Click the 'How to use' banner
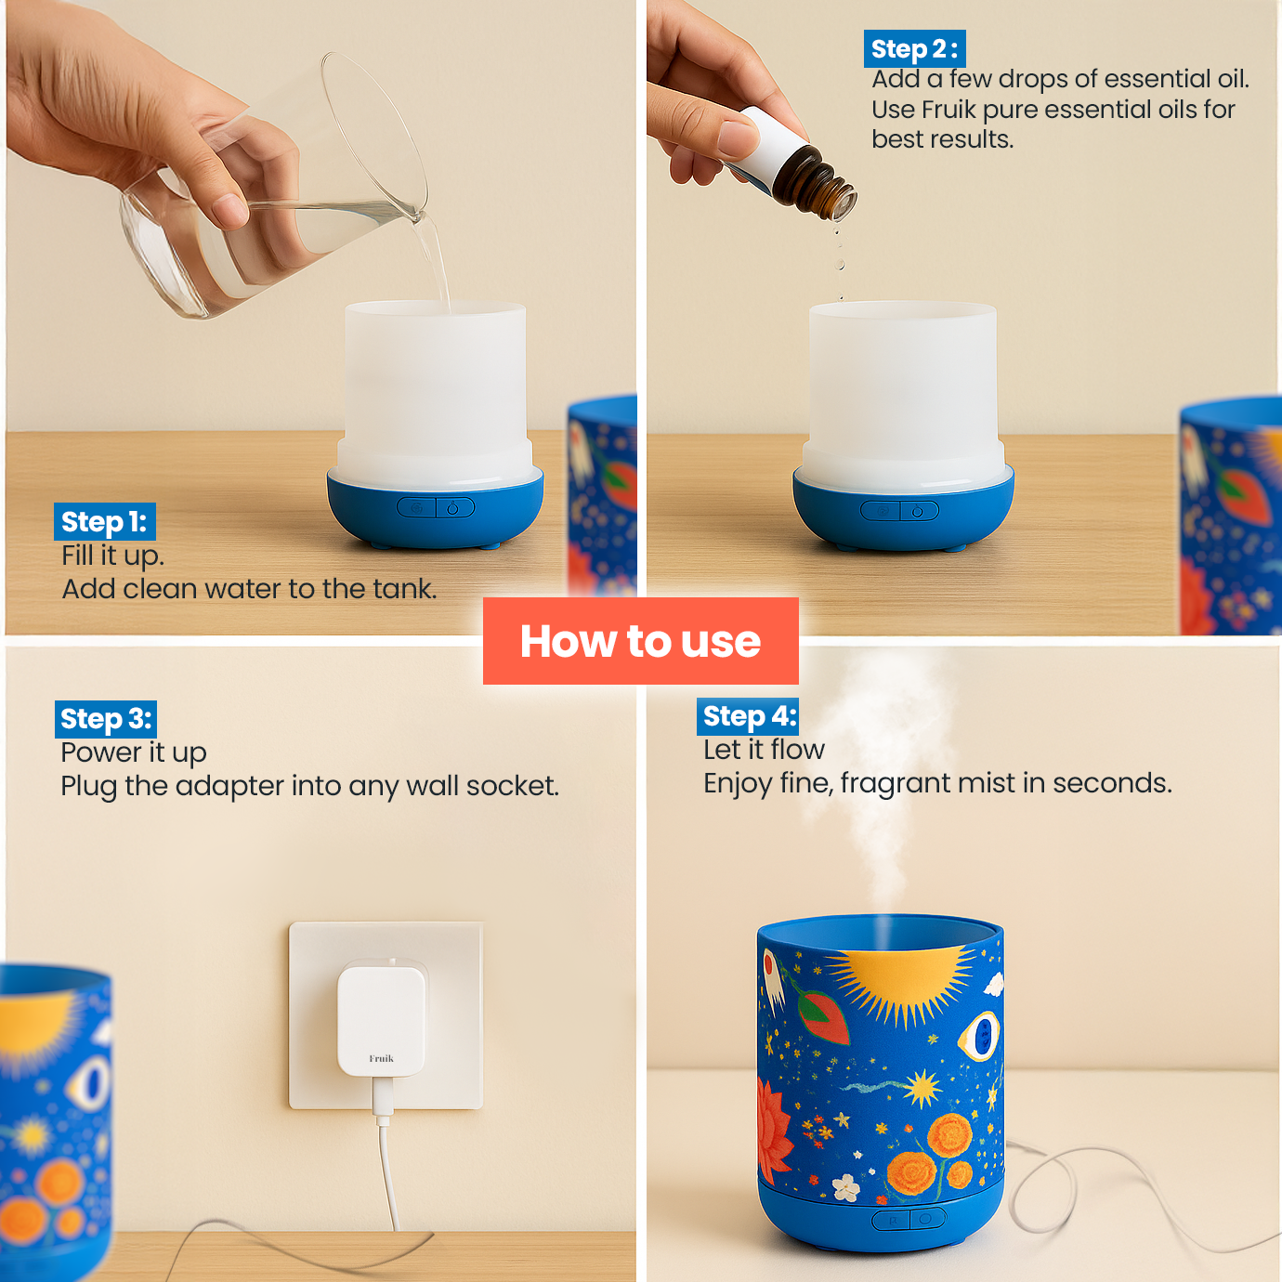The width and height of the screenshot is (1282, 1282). point(640,641)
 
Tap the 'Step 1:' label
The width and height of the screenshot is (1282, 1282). point(104,522)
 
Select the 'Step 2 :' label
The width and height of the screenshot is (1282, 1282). point(914,49)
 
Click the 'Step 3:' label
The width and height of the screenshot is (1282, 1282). point(105,719)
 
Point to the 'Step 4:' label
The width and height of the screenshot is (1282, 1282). point(749,716)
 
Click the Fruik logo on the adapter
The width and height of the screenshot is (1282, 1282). point(381,1058)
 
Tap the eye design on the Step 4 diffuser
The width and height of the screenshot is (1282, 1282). point(980,1034)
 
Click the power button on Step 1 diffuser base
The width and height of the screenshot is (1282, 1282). point(453,508)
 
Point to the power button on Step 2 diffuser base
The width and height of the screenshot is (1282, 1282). point(918,511)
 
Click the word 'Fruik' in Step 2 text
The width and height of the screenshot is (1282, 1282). point(948,110)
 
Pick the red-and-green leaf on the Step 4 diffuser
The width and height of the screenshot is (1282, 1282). point(824,1017)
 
